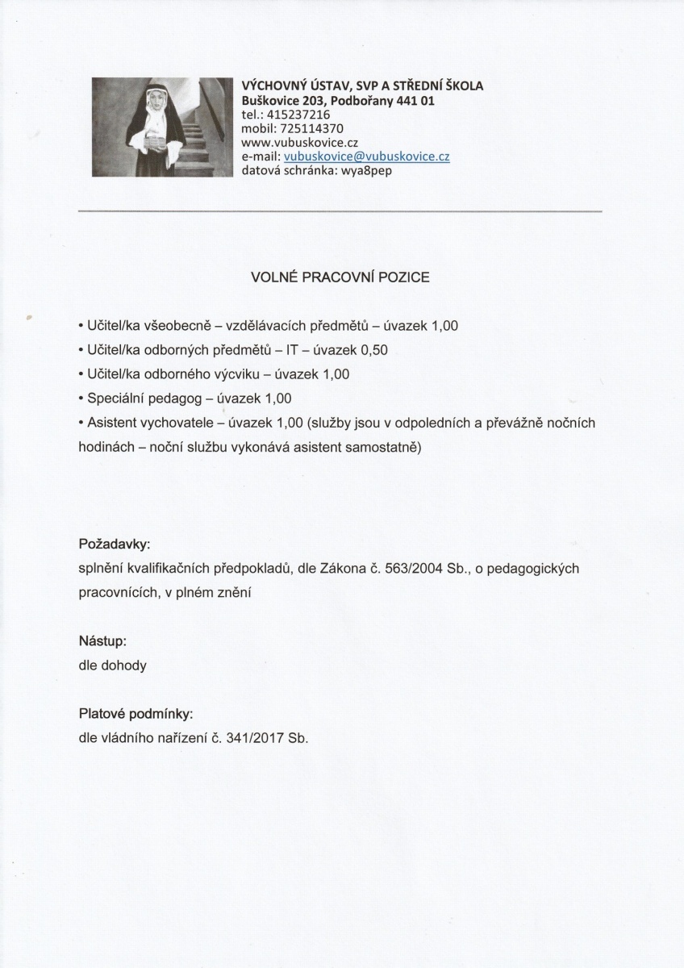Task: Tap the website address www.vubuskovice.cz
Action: [x=294, y=142]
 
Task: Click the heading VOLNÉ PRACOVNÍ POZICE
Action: [x=341, y=277]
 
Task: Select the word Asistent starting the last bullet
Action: [x=111, y=423]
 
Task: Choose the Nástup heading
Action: [x=102, y=641]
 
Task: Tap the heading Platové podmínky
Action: [x=136, y=714]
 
